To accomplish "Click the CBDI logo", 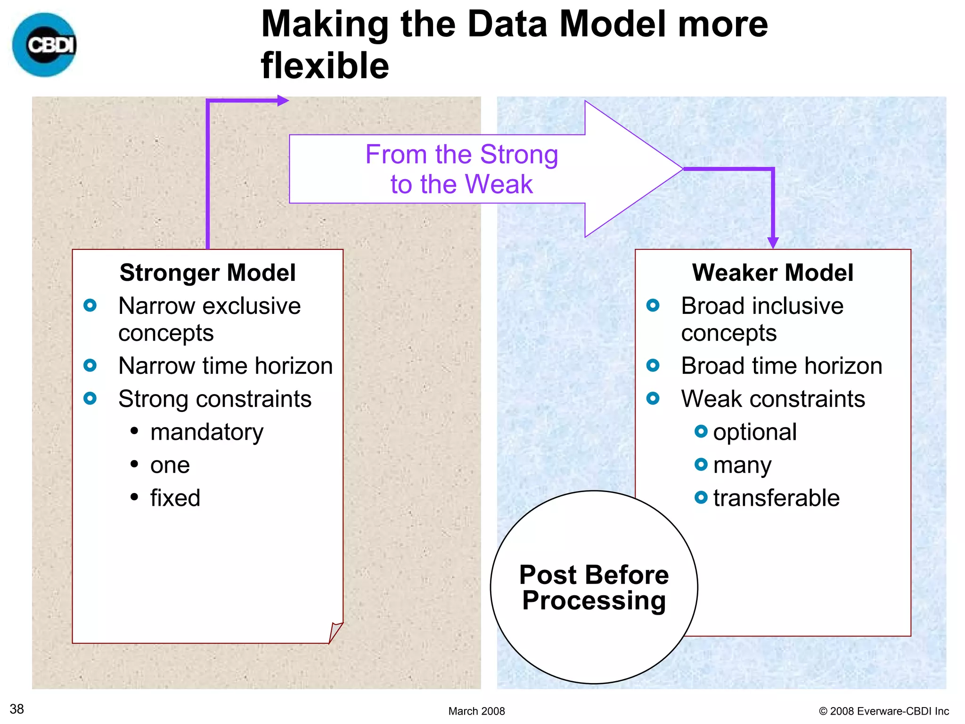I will [x=45, y=45].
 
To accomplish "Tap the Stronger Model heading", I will [x=207, y=272].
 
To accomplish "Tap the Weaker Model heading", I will [x=772, y=272].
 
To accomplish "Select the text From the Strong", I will [x=461, y=155].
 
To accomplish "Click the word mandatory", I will [x=206, y=432].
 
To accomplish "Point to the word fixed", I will [x=175, y=498].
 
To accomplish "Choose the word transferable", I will [x=776, y=498].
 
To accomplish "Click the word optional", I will [x=754, y=432].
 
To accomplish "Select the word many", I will [x=742, y=466].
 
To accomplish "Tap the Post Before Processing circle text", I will [x=594, y=587].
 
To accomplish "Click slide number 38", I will [x=17, y=709].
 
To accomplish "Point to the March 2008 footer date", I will [x=476, y=711].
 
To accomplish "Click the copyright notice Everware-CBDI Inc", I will [x=884, y=711].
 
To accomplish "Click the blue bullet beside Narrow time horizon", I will [x=90, y=365].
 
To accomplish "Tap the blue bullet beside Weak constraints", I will [x=653, y=399].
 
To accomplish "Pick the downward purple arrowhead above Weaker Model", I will [x=773, y=242].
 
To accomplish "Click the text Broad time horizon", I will [x=781, y=366].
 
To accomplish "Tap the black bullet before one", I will [x=134, y=464].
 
